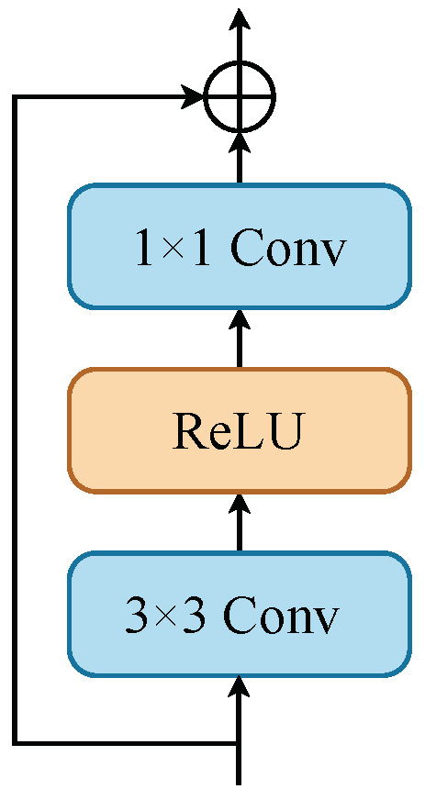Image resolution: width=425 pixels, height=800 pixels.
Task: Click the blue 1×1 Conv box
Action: click(239, 246)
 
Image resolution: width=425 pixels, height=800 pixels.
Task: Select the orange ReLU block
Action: click(239, 430)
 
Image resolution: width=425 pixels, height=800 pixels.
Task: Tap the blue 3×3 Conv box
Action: click(239, 614)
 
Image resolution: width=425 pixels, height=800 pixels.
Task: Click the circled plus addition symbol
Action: click(239, 95)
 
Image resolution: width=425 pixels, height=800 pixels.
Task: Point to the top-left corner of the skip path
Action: click(15, 95)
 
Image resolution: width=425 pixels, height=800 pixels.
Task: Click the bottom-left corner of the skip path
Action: click(15, 742)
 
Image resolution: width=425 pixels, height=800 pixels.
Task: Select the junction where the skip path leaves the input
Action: click(239, 742)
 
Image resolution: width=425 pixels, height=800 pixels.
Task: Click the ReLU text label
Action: click(237, 431)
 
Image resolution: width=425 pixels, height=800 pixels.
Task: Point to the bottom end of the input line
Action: click(239, 782)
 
